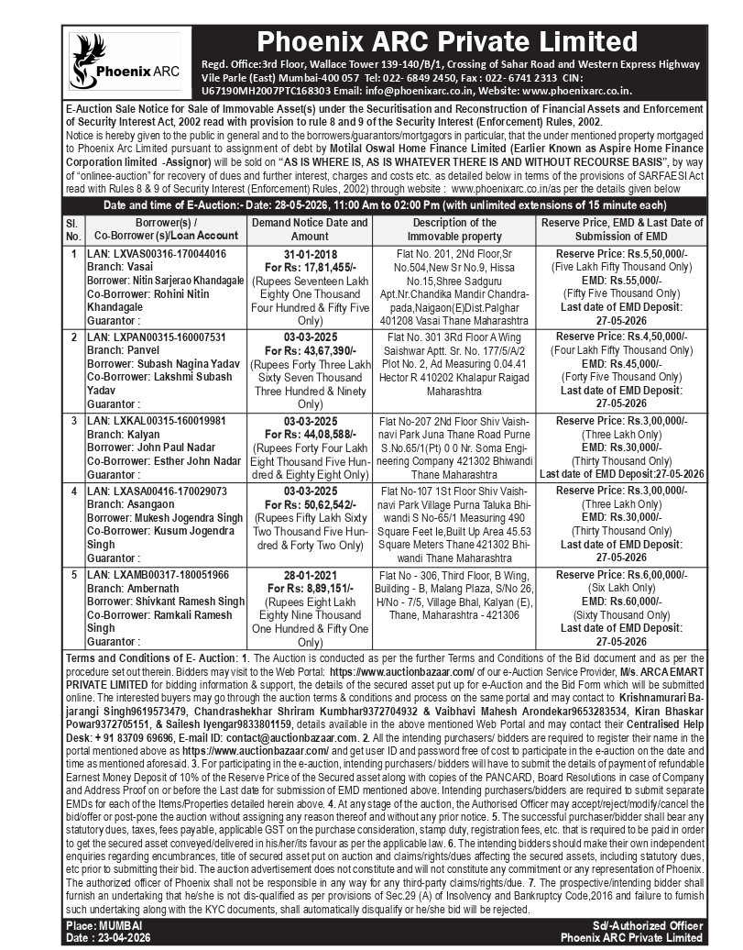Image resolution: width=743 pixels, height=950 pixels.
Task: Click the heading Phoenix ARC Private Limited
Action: click(447, 41)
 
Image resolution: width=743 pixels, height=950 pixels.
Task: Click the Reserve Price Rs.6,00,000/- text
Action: click(621, 575)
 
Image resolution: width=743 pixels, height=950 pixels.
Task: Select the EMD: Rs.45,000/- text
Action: click(621, 362)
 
